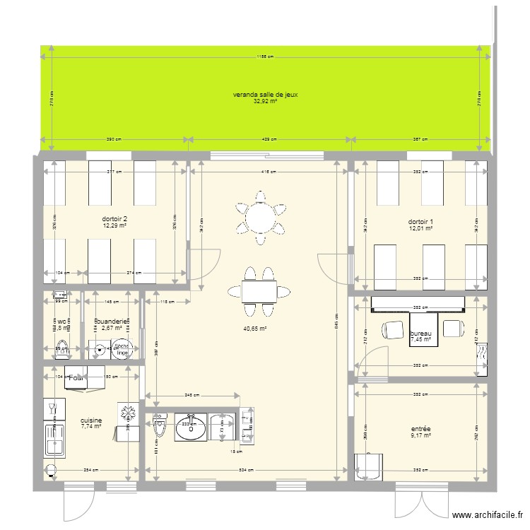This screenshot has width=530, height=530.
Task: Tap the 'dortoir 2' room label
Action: [114, 219]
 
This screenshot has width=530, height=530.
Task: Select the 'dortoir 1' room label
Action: [420, 221]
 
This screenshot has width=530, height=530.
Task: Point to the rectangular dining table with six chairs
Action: [258, 291]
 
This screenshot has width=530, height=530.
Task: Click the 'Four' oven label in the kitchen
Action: [76, 378]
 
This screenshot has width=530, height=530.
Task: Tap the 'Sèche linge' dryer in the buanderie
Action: [122, 348]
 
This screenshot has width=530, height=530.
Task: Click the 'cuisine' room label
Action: [91, 420]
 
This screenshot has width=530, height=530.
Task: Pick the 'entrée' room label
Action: [420, 428]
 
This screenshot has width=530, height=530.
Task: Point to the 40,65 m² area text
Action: [256, 329]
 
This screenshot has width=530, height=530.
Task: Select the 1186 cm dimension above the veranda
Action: [265, 57]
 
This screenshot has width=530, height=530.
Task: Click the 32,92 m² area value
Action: [265, 102]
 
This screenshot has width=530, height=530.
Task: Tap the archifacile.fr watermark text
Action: [488, 517]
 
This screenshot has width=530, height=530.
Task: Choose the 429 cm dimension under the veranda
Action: [269, 139]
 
